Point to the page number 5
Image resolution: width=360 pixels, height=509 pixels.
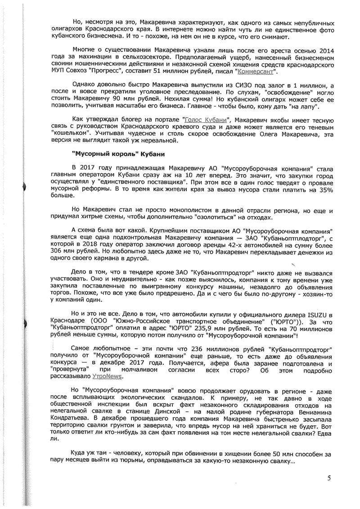[329, 478]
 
